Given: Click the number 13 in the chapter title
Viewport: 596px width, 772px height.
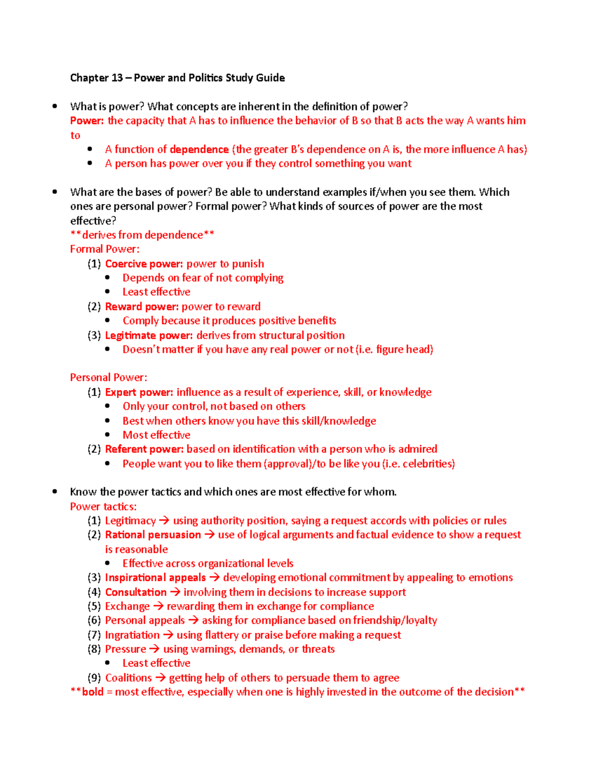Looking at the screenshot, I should tap(117, 78).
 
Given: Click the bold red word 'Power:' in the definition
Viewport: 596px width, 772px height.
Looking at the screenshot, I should tap(87, 121).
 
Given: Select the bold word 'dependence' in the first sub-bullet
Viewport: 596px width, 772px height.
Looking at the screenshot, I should tap(199, 150).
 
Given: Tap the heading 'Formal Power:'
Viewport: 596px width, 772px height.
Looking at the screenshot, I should tap(105, 249).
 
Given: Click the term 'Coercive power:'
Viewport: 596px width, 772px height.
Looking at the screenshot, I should tap(144, 264).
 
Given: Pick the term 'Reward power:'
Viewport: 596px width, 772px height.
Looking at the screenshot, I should tap(142, 307).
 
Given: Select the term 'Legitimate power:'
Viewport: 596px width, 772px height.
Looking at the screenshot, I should tap(149, 336).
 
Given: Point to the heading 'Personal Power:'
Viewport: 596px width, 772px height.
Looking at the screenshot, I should tap(108, 377).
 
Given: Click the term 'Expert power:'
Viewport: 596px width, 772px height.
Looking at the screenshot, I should tap(139, 392).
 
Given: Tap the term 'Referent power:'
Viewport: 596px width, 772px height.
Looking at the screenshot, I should tap(144, 449).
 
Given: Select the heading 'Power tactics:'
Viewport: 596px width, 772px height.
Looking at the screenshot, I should tap(103, 507).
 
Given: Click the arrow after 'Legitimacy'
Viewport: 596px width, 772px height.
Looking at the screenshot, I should tap(164, 520).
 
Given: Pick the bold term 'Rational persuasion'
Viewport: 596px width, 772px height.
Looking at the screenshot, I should tap(153, 535).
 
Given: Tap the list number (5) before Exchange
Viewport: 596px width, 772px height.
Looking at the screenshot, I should tap(94, 606).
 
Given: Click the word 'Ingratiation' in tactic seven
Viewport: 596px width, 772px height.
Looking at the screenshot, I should tap(132, 635).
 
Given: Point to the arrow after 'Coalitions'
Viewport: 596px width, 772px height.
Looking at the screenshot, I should tap(160, 678).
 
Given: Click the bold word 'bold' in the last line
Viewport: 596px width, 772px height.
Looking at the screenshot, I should tap(93, 692).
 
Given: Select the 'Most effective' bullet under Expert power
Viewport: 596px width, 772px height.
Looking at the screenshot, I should tap(156, 435).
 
